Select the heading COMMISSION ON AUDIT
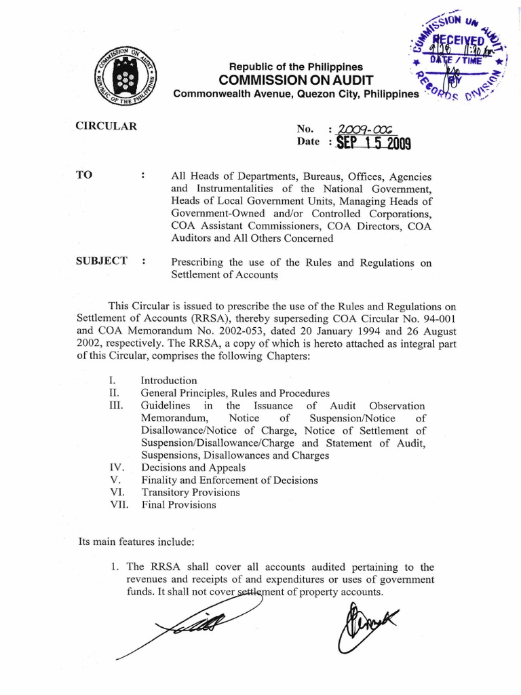[x=296, y=80]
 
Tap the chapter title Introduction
[x=168, y=380]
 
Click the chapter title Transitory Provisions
[x=190, y=492]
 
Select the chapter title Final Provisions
[x=178, y=504]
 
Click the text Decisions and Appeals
[x=193, y=468]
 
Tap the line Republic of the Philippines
[x=296, y=67]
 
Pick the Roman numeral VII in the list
[x=119, y=504]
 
